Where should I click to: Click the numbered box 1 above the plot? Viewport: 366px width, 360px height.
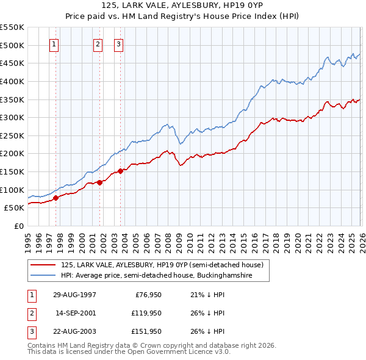[x=54, y=44]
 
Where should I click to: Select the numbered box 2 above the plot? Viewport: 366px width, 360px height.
[x=98, y=44]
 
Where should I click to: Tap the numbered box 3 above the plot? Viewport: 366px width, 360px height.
[x=118, y=44]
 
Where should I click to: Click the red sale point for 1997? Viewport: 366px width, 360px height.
[x=56, y=197]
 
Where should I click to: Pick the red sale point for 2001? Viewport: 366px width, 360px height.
[x=99, y=182]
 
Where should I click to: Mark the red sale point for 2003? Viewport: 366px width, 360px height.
[x=120, y=171]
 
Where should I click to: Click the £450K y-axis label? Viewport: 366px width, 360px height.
[x=12, y=63]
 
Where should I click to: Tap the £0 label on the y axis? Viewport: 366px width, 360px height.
[x=18, y=226]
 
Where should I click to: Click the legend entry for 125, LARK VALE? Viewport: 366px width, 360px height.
[x=162, y=265]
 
